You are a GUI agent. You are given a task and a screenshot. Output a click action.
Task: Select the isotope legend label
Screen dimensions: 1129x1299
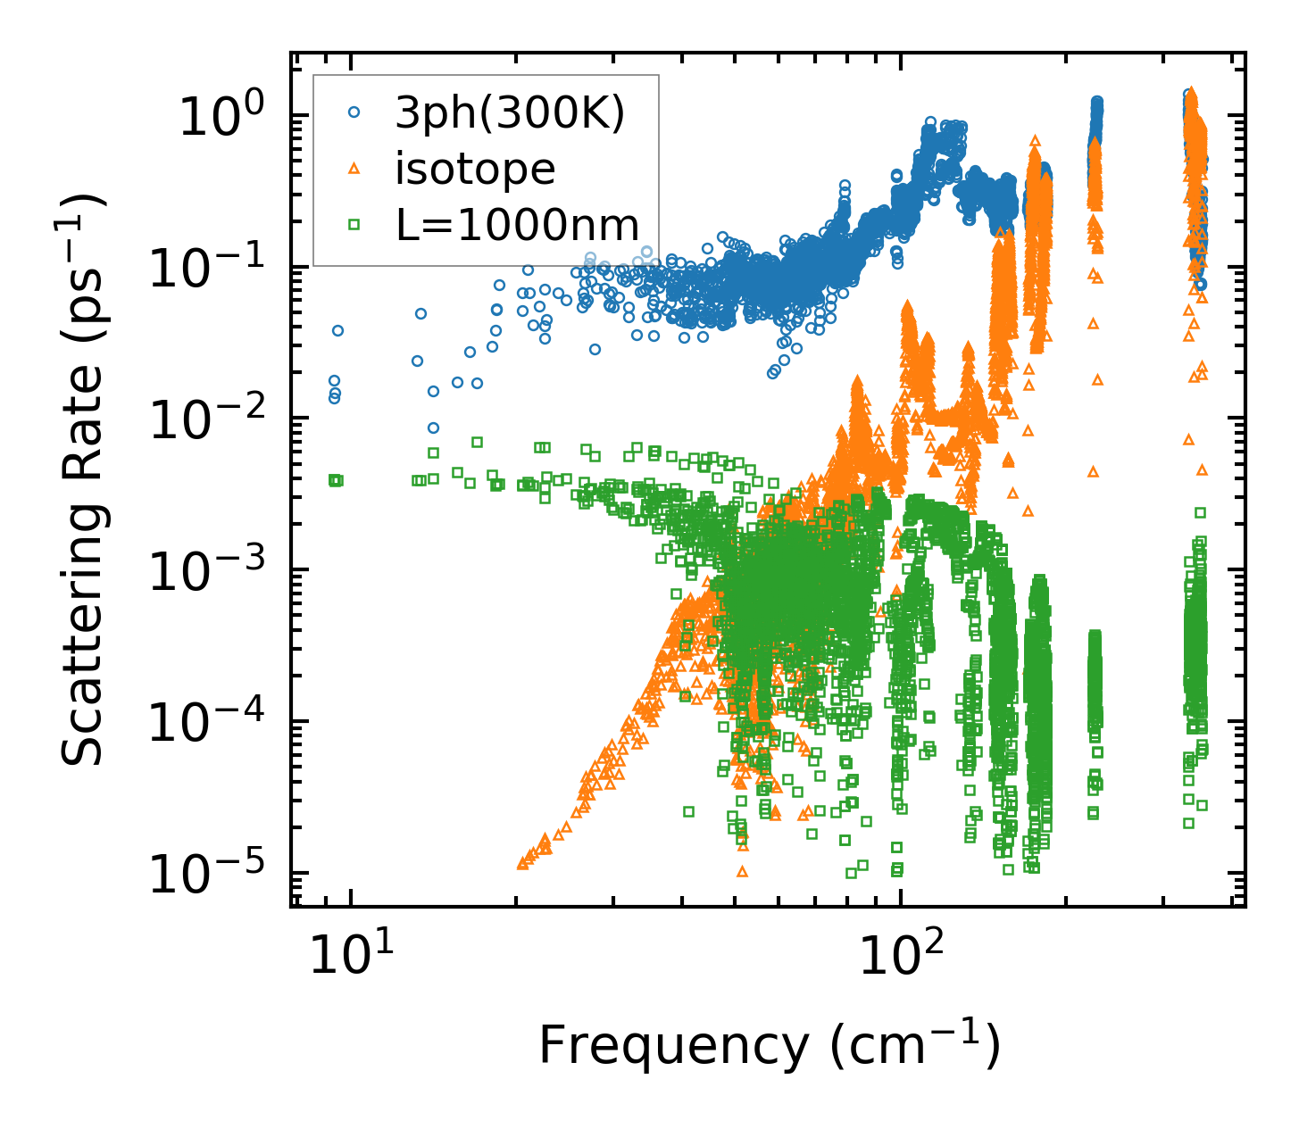[475, 170]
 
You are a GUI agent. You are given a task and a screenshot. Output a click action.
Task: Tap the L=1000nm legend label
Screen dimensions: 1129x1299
[518, 226]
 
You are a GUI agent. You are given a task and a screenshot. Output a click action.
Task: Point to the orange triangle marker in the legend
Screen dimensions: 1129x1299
[354, 169]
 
